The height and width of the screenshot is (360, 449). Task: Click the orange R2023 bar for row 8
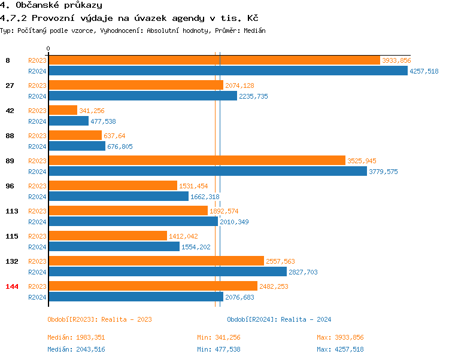point(214,60)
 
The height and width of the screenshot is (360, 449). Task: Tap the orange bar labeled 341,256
point(63,111)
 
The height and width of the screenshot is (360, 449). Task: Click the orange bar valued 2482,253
point(153,286)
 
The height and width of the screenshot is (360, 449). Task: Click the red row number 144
point(12,286)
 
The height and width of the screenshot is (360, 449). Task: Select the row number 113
point(12,211)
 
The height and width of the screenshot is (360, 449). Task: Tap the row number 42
point(10,111)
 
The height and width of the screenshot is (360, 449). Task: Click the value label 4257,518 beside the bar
point(424,71)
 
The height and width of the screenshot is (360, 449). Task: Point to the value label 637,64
point(114,136)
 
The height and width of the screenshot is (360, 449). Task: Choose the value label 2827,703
point(321,272)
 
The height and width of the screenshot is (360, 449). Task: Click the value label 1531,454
point(193,186)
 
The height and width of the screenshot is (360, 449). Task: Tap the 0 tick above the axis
point(48,48)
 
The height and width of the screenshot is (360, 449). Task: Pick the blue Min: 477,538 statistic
point(219,349)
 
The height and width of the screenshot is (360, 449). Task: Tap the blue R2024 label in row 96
point(37,197)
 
